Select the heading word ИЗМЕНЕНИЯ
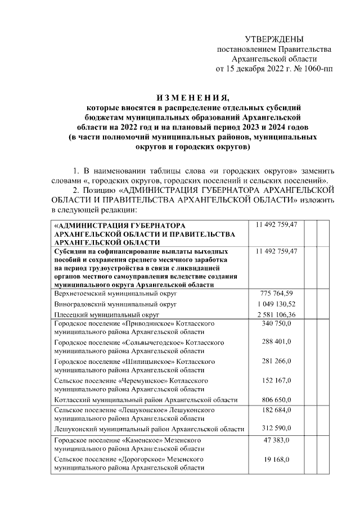[x=180, y=96]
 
